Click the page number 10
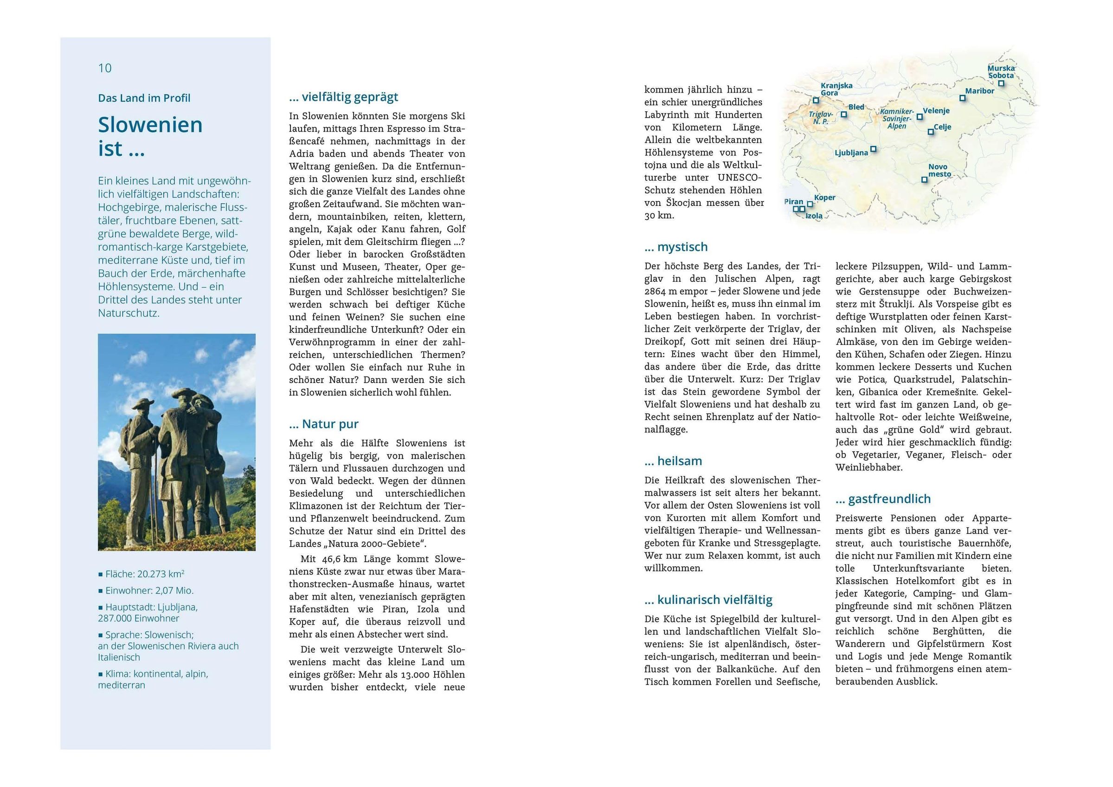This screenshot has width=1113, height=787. pyautogui.click(x=105, y=68)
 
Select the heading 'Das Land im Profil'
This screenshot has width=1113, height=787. pyautogui.click(x=144, y=98)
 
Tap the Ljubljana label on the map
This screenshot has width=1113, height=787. pyautogui.click(x=851, y=153)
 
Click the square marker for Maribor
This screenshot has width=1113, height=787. pyautogui.click(x=963, y=98)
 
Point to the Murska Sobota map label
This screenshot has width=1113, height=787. pyautogui.click(x=1001, y=72)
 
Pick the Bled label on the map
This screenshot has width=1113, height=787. pyautogui.click(x=856, y=107)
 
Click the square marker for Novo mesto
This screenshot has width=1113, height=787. pyautogui.click(x=925, y=179)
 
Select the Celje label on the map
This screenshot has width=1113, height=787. pyautogui.click(x=942, y=127)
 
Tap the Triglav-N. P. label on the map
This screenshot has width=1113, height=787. pyautogui.click(x=821, y=118)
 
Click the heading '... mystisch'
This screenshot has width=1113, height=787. pyautogui.click(x=676, y=247)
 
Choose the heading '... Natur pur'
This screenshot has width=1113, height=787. pyautogui.click(x=323, y=424)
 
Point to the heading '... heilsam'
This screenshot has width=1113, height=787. pyautogui.click(x=673, y=461)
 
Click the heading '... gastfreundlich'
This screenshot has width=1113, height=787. pyautogui.click(x=883, y=499)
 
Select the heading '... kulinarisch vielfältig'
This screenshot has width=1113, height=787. pyautogui.click(x=708, y=600)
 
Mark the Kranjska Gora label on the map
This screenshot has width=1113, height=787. pyautogui.click(x=836, y=89)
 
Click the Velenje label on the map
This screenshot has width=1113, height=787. pyautogui.click(x=936, y=110)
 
